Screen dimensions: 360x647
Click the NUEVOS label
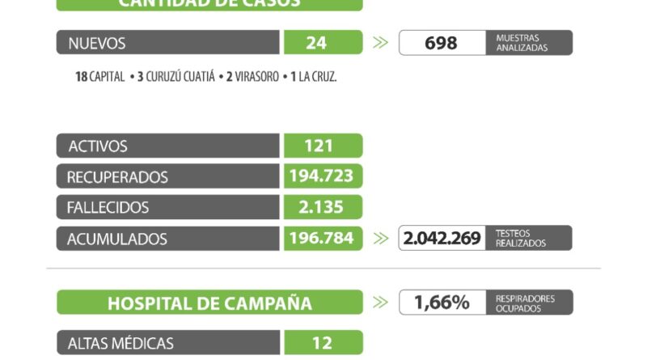[x=97, y=43]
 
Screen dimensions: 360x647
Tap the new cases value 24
[x=323, y=43]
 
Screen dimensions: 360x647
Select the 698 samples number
[x=441, y=43]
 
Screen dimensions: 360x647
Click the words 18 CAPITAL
[x=99, y=77]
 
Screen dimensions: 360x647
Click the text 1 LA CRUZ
[x=311, y=77]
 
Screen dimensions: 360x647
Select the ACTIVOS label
[x=98, y=146]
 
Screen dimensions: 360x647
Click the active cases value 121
[x=323, y=146]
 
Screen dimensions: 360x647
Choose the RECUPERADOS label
[x=118, y=176]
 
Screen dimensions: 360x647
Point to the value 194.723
[x=323, y=176]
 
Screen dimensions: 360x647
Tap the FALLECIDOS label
[x=108, y=207]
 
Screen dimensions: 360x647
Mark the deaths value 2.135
[x=323, y=207]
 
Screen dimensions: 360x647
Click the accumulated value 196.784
[x=323, y=239]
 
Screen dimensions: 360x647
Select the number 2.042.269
[x=441, y=239]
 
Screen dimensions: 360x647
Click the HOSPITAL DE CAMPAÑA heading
[x=209, y=303]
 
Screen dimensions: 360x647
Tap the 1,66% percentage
[x=442, y=303]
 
